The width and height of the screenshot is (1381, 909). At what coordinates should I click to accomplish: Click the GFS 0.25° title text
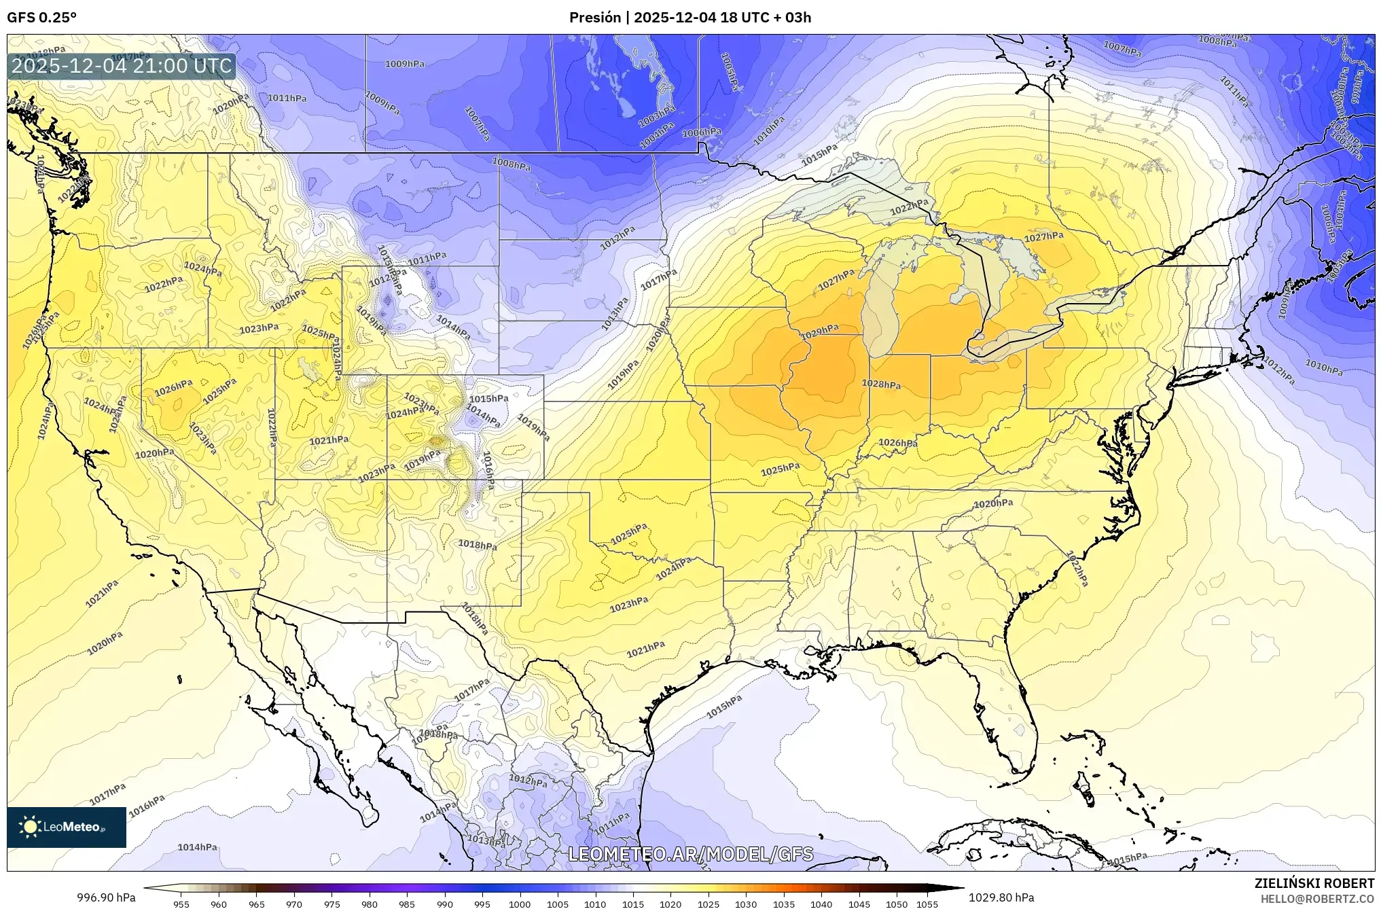pyautogui.click(x=41, y=17)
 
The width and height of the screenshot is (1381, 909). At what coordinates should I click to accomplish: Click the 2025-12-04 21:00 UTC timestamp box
pyautogui.click(x=122, y=67)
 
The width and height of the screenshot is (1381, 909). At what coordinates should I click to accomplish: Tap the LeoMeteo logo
pyautogui.click(x=66, y=827)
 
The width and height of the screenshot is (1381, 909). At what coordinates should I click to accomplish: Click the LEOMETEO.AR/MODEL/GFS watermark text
pyautogui.click(x=690, y=854)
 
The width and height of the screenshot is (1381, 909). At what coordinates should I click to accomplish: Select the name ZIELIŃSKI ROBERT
pyautogui.click(x=1314, y=883)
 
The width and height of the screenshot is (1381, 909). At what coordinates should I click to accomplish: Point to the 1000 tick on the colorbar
pyautogui.click(x=520, y=904)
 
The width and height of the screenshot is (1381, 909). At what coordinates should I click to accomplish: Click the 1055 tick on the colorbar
pyautogui.click(x=927, y=904)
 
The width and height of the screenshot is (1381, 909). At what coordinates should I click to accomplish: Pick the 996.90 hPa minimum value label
pyautogui.click(x=106, y=897)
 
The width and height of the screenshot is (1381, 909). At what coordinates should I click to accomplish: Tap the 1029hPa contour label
pyautogui.click(x=819, y=332)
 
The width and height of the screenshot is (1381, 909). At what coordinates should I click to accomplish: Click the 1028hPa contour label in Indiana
pyautogui.click(x=881, y=384)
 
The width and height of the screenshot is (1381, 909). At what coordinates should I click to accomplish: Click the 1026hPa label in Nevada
pyautogui.click(x=173, y=387)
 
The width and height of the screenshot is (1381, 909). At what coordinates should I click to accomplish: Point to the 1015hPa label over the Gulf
pyautogui.click(x=724, y=707)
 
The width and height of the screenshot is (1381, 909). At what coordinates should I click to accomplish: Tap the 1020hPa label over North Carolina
pyautogui.click(x=993, y=503)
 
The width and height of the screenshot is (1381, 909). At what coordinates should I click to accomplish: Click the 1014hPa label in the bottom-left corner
pyautogui.click(x=197, y=847)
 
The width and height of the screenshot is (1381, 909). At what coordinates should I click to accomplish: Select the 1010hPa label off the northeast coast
pyautogui.click(x=1323, y=368)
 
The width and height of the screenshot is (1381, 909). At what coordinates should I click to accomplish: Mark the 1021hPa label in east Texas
pyautogui.click(x=645, y=649)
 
